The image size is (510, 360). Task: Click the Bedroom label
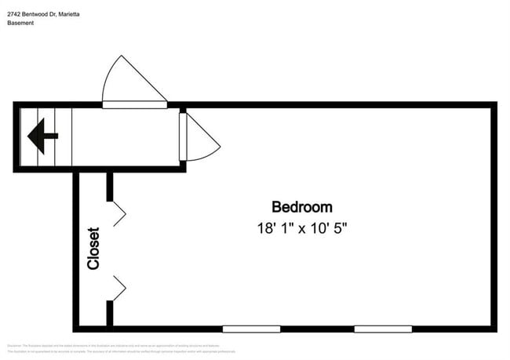coord(301,207)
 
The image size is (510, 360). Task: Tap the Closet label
coord(93,249)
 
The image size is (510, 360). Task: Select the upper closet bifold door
coord(118,213)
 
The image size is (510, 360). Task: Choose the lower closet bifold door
coord(118,288)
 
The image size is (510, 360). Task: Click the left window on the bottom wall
coord(251,329)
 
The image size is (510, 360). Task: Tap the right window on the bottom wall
coord(383,329)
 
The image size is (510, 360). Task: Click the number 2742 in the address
coord(14,13)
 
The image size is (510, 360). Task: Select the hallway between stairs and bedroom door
coord(126,136)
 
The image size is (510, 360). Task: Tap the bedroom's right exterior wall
coord(494,216)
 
